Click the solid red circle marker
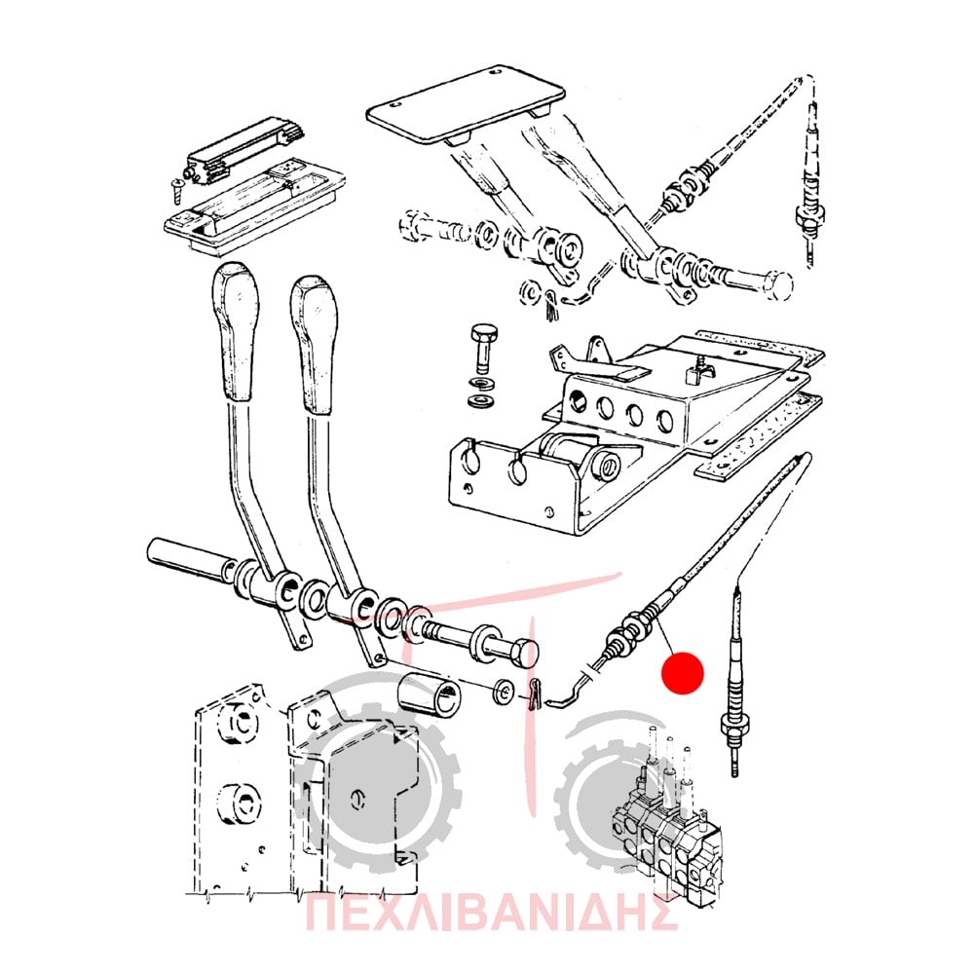[x=682, y=672]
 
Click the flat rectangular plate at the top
[x=466, y=104]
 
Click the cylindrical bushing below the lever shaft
[x=428, y=694]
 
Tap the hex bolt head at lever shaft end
[x=524, y=653]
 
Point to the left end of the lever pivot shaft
[x=154, y=549]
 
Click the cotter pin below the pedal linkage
[x=552, y=306]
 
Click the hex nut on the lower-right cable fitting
[x=735, y=725]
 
